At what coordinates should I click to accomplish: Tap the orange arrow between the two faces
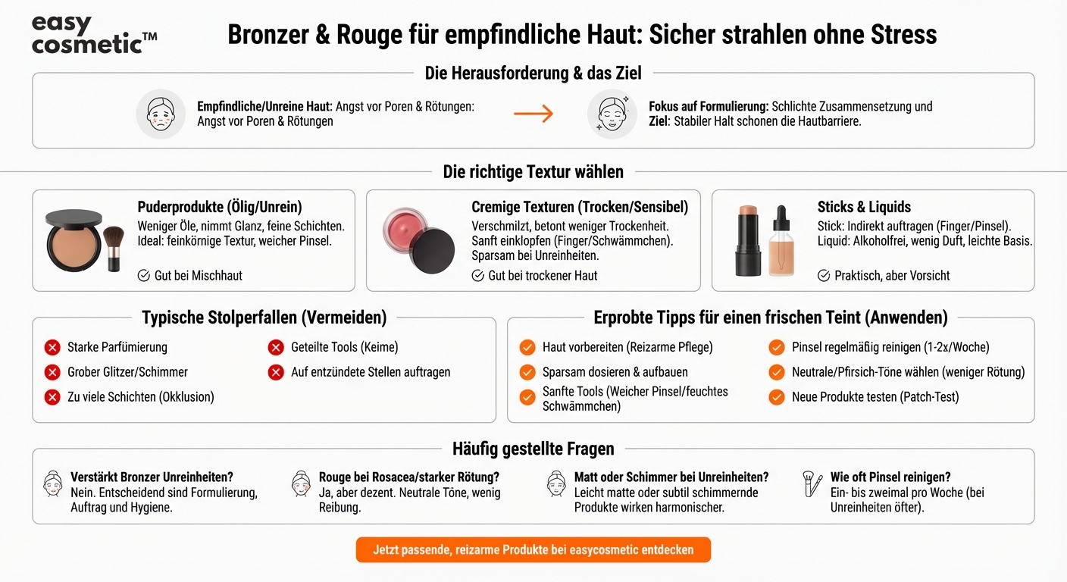[533, 114]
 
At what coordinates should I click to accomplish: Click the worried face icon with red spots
[161, 114]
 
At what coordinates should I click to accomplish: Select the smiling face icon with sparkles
[612, 114]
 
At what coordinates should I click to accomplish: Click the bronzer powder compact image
[74, 242]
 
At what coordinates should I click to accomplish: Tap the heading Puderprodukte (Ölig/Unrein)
[220, 207]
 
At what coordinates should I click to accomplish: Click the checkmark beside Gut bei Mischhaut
[143, 276]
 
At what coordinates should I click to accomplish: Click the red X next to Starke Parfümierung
[52, 348]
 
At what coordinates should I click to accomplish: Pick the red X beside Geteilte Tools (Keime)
[276, 348]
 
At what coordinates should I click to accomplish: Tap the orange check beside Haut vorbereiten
[527, 348]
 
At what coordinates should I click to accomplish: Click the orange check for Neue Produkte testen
[777, 397]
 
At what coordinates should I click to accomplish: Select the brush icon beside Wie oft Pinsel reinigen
[812, 483]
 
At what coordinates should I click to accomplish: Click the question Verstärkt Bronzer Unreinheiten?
[152, 477]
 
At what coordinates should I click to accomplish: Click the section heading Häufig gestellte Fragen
[533, 449]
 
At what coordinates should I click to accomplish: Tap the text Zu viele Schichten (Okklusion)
[141, 397]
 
